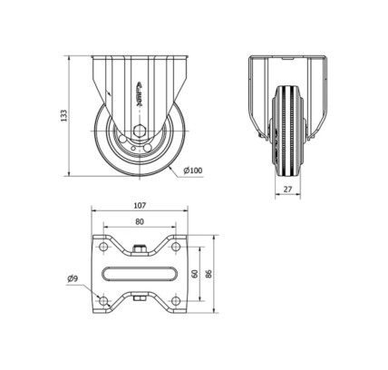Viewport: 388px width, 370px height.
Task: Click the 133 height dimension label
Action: (x=63, y=116)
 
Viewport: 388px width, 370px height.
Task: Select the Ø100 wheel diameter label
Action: (x=193, y=170)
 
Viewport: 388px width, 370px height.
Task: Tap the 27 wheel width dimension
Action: (x=288, y=190)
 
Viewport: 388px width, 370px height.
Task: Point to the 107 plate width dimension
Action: (x=140, y=206)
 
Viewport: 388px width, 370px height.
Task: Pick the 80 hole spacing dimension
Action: (x=140, y=222)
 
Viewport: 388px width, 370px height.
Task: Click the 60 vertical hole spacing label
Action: (x=195, y=274)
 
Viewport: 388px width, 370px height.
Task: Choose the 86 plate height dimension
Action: (x=209, y=274)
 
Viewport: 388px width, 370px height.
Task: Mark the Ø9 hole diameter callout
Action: (x=73, y=278)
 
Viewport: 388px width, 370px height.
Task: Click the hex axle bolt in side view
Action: (x=140, y=131)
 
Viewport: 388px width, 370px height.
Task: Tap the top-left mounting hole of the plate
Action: (x=103, y=247)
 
